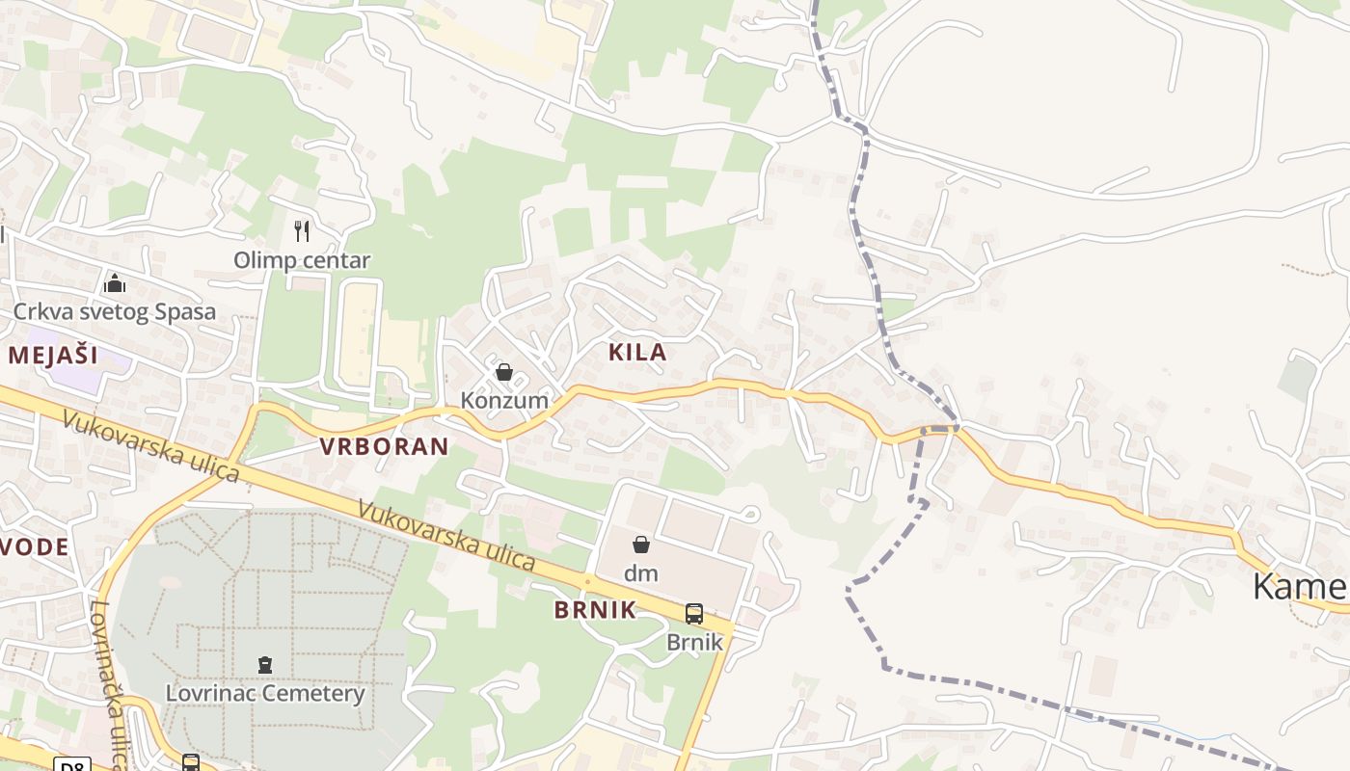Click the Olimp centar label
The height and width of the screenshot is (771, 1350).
(x=302, y=260)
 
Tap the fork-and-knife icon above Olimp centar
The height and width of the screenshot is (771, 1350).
(x=302, y=231)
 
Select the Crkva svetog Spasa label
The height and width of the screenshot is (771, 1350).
(x=114, y=312)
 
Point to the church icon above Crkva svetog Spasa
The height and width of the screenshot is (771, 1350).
(x=115, y=283)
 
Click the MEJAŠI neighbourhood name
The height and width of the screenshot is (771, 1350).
(x=53, y=355)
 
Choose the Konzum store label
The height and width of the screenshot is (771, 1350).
(x=504, y=400)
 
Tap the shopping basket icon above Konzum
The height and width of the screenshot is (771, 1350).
(x=504, y=372)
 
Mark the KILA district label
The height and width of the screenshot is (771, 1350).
(x=637, y=353)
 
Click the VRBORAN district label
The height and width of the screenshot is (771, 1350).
(x=384, y=446)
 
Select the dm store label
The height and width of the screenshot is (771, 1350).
(x=640, y=573)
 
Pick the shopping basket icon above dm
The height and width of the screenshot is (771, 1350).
(x=641, y=545)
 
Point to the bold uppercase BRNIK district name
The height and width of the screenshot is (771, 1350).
(x=595, y=610)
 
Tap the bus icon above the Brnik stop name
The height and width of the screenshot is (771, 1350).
(x=693, y=613)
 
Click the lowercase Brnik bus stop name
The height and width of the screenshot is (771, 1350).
(x=694, y=641)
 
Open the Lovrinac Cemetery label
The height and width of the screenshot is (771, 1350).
(x=265, y=693)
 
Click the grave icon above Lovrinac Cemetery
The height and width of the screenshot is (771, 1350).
(x=265, y=664)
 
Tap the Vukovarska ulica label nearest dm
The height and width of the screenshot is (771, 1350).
(x=445, y=535)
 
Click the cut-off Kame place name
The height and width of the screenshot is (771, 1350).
(x=1299, y=586)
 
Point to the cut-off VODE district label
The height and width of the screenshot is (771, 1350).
(x=35, y=547)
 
